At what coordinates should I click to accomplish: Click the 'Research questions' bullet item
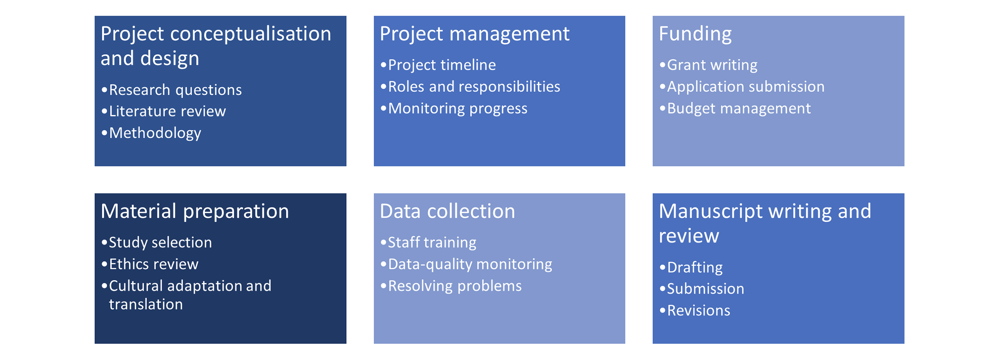[x=175, y=90]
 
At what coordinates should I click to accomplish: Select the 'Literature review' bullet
[x=167, y=111]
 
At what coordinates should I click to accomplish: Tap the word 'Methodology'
[x=155, y=133]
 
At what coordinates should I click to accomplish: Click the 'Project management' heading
[x=474, y=34]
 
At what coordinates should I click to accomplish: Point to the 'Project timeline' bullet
[x=441, y=65]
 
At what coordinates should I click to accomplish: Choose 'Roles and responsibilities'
[x=474, y=86]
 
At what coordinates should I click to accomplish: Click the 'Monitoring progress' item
[x=458, y=108]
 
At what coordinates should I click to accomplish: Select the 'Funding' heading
[x=695, y=34]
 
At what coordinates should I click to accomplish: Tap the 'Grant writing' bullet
[x=712, y=65]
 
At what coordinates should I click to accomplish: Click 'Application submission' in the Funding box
[x=746, y=86]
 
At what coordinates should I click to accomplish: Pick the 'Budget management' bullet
[x=739, y=108]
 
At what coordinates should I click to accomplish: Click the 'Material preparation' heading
[x=194, y=211]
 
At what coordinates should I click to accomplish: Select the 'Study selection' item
[x=160, y=242]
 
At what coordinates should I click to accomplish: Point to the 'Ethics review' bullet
[x=154, y=264]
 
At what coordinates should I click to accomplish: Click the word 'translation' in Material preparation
[x=146, y=305]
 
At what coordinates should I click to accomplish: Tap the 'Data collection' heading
[x=447, y=211]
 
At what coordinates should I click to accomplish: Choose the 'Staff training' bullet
[x=432, y=242]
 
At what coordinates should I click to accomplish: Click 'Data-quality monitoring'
[x=470, y=264]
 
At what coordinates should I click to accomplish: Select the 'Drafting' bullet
[x=695, y=267]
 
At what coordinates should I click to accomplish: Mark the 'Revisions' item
[x=698, y=310]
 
